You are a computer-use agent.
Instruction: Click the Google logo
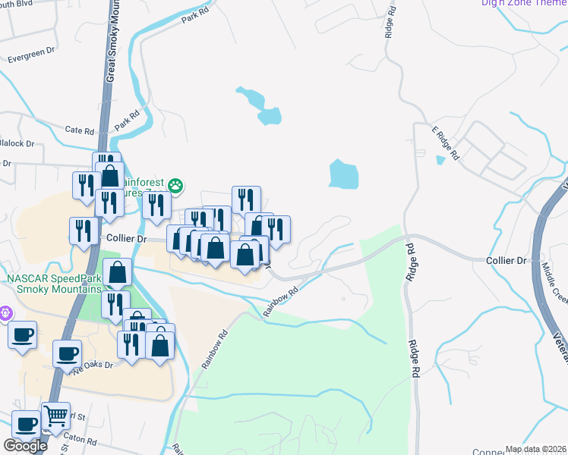25,446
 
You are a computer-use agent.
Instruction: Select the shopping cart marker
55,416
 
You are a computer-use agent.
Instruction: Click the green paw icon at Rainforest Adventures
175,184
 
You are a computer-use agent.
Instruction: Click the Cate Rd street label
79,130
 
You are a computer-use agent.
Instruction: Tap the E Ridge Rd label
447,142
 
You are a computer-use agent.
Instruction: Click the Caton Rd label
80,440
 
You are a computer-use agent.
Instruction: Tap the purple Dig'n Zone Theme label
524,3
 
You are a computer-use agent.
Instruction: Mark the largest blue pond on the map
344,174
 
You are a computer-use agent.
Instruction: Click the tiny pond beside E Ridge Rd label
440,160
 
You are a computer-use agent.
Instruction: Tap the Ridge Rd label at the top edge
391,23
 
